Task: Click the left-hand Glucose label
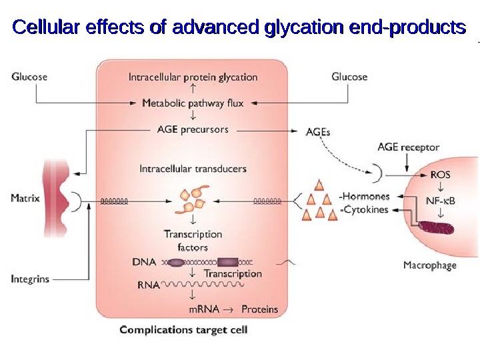click(x=29, y=77)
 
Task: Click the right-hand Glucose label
click(x=349, y=77)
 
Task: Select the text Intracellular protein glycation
click(x=193, y=77)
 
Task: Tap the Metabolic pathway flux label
click(x=193, y=103)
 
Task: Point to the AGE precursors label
click(x=193, y=129)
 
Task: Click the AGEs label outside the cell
click(x=317, y=132)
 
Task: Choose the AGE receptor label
click(x=408, y=147)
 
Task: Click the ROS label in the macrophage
click(x=440, y=175)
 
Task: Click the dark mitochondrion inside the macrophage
click(x=437, y=227)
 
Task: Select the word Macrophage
click(x=430, y=265)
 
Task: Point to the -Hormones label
click(x=364, y=197)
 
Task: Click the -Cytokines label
click(x=364, y=210)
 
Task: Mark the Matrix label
click(x=25, y=198)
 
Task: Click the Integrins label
click(x=29, y=279)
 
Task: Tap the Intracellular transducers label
click(x=193, y=169)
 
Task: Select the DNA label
click(x=145, y=262)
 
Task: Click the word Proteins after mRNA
click(x=259, y=309)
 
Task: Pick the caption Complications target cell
click(x=183, y=330)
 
